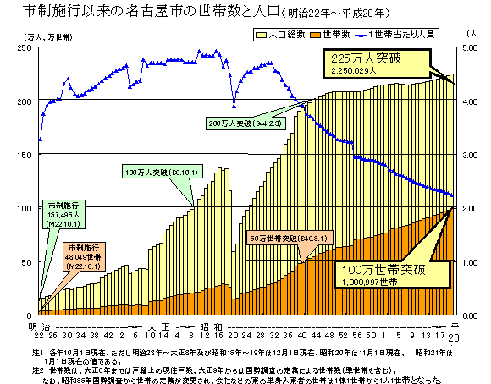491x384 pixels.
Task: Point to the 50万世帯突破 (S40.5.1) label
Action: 284,238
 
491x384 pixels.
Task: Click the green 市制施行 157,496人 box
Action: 64,215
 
